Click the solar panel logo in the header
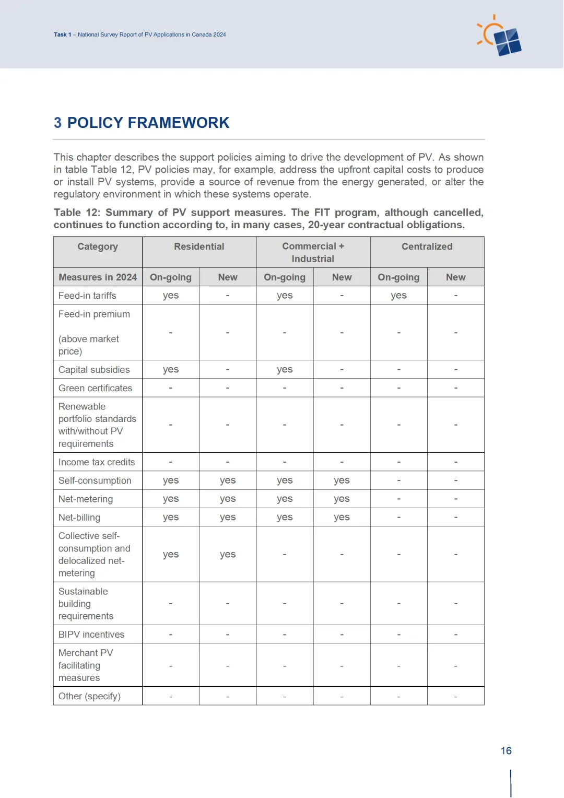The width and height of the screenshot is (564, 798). pos(500,37)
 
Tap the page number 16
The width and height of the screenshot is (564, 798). pos(506,750)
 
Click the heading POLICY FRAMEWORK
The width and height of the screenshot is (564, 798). pos(148,123)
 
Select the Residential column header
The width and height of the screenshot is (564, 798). pos(199,247)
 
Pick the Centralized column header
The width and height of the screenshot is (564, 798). pos(427,247)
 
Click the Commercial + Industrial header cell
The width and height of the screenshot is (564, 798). pos(313,252)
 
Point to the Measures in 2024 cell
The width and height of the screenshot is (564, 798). pos(98,277)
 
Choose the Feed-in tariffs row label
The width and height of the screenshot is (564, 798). pos(87,296)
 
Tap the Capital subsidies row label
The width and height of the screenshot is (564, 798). pos(94,370)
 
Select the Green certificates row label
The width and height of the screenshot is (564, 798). pos(95,388)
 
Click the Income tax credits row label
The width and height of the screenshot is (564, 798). pos(97,462)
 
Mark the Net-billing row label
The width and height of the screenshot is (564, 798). pos(79,518)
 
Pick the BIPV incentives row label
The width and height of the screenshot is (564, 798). pos(91,635)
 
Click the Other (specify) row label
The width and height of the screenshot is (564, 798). pos(89,696)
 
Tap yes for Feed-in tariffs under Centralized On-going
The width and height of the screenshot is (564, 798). pos(398,296)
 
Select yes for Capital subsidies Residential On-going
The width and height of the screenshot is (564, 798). pos(171,370)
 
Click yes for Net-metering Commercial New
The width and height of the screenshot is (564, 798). pos(342,499)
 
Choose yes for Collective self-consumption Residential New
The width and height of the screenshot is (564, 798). pos(228,555)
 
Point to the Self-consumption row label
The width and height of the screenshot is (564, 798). pos(95,480)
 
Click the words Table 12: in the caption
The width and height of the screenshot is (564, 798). pos(77,213)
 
